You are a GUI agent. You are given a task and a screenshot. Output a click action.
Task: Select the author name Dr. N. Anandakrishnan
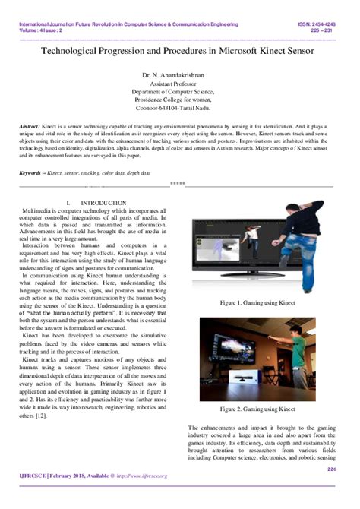click(180, 76)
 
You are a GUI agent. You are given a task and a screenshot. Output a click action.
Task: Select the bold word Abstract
click(30, 126)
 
